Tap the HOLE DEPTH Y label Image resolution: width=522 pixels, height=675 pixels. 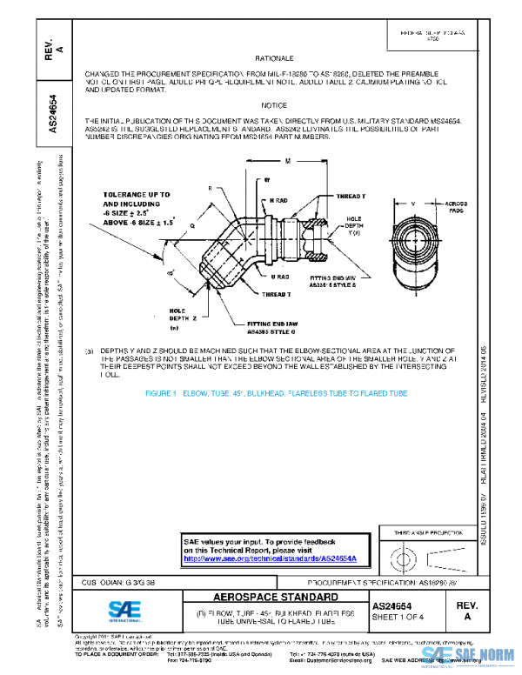pos(352,224)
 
